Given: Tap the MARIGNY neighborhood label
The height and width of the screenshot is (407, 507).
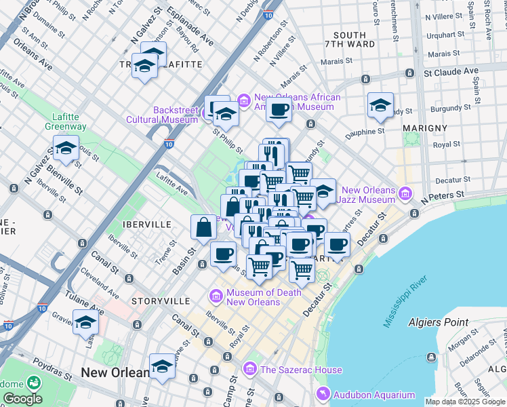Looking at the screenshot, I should (424, 128).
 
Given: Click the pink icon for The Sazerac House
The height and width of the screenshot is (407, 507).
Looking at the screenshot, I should (249, 370).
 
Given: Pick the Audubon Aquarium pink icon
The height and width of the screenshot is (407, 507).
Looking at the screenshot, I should (323, 394).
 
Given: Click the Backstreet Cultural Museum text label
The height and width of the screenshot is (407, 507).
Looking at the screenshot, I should (165, 115).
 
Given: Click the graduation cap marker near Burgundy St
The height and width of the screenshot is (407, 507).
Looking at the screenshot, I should (380, 104).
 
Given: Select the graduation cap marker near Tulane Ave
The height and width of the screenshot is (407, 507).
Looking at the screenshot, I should (86, 322).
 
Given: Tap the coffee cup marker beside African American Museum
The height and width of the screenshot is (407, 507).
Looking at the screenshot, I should (279, 110).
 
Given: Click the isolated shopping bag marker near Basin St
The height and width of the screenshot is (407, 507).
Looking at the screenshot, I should (204, 227).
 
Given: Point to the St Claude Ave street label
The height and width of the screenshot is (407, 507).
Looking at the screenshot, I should (451, 71).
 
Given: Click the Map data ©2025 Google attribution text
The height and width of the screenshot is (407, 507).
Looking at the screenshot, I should (465, 402).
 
